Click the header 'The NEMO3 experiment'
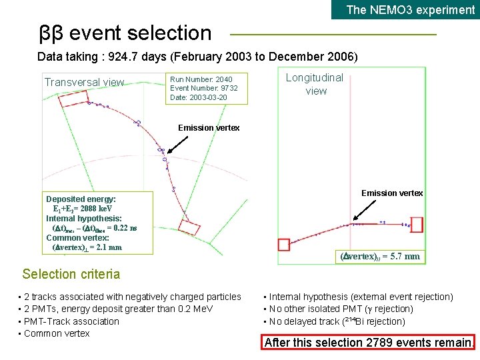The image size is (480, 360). (x=410, y=9)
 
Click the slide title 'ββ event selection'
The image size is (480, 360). (x=125, y=33)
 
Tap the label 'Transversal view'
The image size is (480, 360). (x=84, y=82)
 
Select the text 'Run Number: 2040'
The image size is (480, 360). (x=201, y=79)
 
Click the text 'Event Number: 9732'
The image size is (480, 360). (x=204, y=88)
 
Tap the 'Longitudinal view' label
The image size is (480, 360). (x=315, y=84)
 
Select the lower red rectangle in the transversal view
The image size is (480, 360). (x=189, y=227)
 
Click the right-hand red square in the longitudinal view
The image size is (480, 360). (x=417, y=223)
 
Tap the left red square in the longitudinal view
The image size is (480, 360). (x=284, y=245)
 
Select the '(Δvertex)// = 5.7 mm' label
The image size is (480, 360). (x=380, y=256)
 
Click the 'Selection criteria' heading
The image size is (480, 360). (x=71, y=274)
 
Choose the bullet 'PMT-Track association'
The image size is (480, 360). (x=71, y=321)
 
